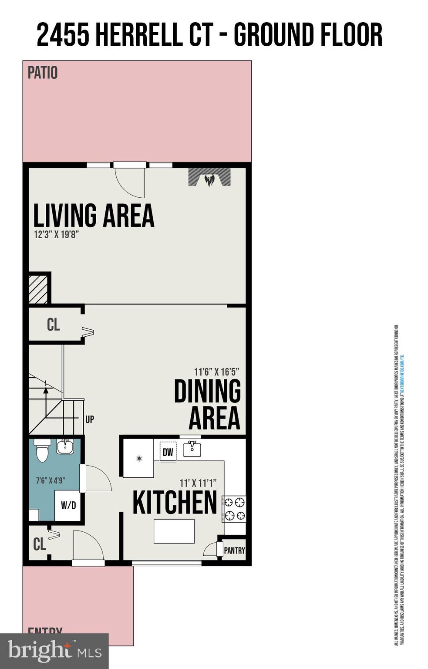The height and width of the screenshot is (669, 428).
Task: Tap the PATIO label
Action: [x=43, y=73]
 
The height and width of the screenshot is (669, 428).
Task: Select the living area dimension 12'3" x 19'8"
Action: [x=56, y=235]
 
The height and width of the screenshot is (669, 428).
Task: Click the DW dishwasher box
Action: [x=168, y=452]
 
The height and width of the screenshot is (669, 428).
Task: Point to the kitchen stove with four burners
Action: [x=234, y=509]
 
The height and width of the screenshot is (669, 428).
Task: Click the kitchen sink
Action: [x=192, y=449]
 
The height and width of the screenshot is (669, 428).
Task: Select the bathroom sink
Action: [x=65, y=446]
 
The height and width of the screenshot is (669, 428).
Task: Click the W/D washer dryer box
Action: [x=68, y=505]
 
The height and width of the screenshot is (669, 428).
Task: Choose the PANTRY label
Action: [x=234, y=551]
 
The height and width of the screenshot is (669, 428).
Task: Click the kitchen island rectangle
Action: [x=174, y=531]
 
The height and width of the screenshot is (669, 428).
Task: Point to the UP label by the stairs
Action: [x=90, y=419]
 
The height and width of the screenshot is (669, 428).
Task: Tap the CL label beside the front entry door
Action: [x=40, y=544]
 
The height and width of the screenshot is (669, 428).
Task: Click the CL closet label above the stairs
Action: [x=53, y=324]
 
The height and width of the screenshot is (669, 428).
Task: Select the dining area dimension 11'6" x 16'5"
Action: [x=216, y=372]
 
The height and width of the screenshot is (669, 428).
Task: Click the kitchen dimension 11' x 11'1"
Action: [x=198, y=483]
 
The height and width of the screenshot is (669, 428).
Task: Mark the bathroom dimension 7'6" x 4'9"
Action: [x=51, y=480]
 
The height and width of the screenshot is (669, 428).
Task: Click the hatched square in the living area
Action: [x=38, y=289]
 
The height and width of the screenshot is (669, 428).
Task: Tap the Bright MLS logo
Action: [x=54, y=651]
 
